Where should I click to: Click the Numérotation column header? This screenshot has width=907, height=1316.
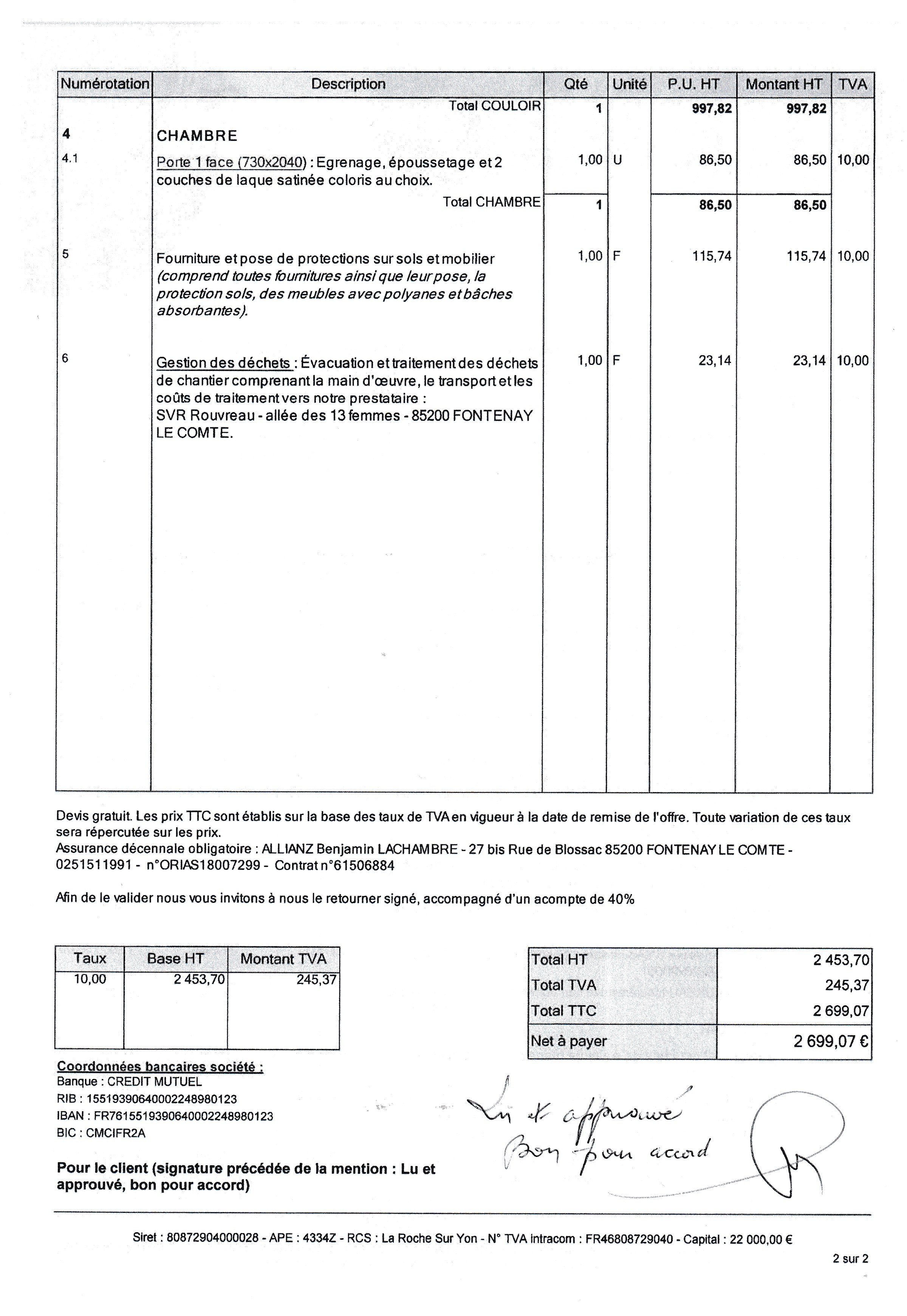click(x=105, y=84)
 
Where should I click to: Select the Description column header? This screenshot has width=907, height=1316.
click(x=348, y=84)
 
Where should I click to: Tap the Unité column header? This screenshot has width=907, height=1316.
click(x=629, y=84)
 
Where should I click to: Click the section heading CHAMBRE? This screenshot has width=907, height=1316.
click(x=197, y=136)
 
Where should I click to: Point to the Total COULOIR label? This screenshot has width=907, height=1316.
click(x=494, y=106)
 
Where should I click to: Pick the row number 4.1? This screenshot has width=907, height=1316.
click(x=70, y=159)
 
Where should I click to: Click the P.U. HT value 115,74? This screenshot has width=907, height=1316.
click(x=712, y=256)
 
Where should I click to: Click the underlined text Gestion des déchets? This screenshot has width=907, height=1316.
click(x=223, y=363)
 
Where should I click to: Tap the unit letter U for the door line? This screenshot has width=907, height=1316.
click(x=618, y=160)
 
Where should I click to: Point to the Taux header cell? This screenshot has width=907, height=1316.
click(x=90, y=959)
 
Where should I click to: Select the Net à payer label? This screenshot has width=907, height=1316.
click(x=568, y=1041)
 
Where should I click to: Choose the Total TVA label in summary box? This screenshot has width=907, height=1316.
click(x=563, y=985)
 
